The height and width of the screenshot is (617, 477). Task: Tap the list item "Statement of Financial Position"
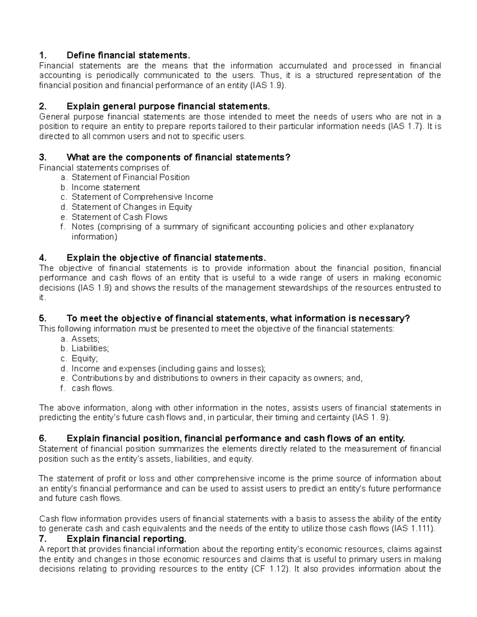click(130, 177)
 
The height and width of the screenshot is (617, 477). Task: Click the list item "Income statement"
click(106, 187)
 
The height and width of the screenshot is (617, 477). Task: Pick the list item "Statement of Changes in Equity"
click(132, 207)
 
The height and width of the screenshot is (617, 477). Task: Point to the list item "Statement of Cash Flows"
click(119, 217)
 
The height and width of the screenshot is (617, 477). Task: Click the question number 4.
click(43, 257)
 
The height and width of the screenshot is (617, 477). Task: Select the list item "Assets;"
click(85, 339)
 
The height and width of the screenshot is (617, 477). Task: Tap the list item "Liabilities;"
click(90, 348)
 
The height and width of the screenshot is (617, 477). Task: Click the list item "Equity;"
click(85, 358)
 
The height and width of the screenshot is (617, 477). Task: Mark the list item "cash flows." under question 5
click(93, 388)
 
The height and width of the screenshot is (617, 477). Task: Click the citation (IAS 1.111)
click(413, 529)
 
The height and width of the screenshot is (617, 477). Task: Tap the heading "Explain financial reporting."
click(126, 539)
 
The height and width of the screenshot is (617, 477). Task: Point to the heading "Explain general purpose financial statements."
click(168, 106)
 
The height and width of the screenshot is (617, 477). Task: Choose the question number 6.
click(43, 438)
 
